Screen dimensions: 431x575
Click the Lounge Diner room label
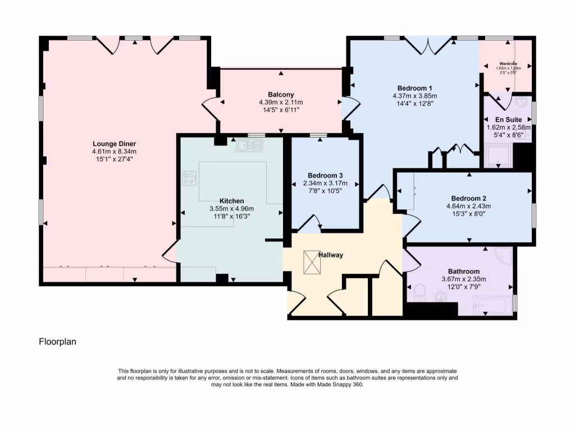pos(114,144)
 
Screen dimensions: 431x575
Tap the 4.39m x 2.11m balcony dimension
pos(281,103)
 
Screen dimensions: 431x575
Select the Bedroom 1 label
pos(414,88)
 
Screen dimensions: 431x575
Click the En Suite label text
pos(508,120)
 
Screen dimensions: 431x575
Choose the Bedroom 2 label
pos(468,198)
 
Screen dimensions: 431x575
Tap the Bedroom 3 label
pos(325,175)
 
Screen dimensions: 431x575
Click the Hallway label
pos(331,255)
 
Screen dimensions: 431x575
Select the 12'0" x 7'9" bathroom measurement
pos(463,287)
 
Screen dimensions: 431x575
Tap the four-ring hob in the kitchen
pos(189,179)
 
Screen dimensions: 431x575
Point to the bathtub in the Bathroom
pos(492,306)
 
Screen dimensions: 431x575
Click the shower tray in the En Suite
pos(499,157)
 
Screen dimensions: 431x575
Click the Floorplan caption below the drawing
pos(57,341)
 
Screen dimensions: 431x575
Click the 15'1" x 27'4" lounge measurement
pos(114,159)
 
